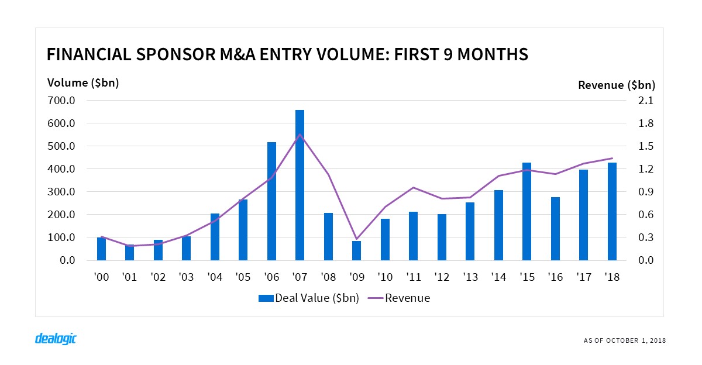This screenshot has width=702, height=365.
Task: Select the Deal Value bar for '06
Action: coord(271,201)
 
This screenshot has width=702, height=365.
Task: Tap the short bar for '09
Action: coord(356,250)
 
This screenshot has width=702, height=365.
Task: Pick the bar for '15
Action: coord(526,211)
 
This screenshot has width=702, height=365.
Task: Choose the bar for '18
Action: coord(612,211)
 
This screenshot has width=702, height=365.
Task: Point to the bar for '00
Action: coord(101,249)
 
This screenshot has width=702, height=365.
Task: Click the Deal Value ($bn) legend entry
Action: coord(309,298)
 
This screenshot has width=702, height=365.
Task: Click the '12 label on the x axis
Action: coord(442,277)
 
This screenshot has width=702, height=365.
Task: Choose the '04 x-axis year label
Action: coord(215,277)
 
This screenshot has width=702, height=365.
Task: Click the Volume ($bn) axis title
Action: coord(83,82)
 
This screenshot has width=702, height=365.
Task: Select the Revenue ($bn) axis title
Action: coord(616,85)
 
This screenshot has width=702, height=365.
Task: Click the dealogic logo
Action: coord(56,339)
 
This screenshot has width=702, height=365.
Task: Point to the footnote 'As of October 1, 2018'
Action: coord(624,340)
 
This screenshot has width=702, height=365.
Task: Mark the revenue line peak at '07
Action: coord(300,135)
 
